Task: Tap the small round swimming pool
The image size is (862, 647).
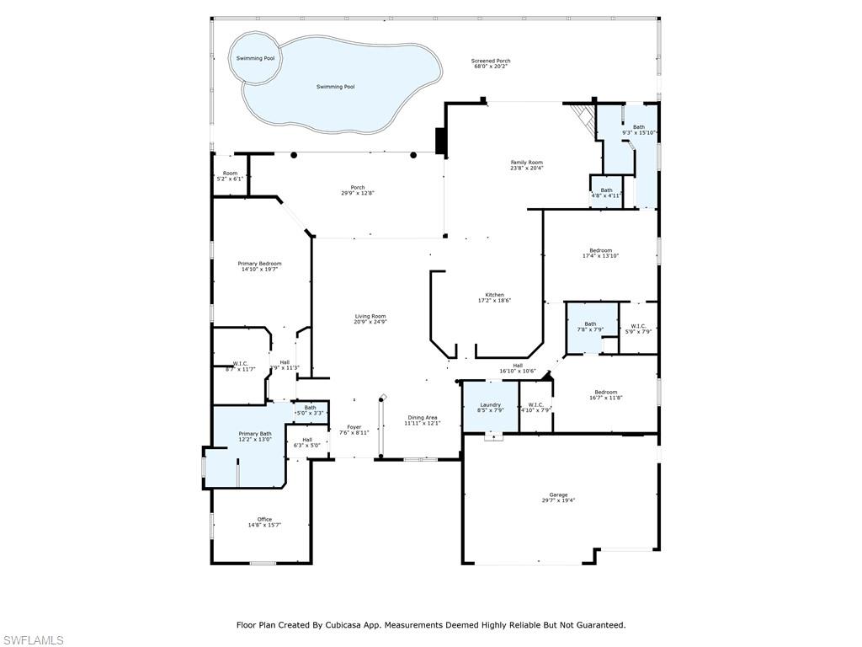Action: pyautogui.click(x=255, y=58)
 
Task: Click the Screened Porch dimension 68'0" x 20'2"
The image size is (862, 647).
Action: pyautogui.click(x=491, y=66)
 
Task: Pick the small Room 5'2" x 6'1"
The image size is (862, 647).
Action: pyautogui.click(x=230, y=175)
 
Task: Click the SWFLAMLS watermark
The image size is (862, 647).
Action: pyautogui.click(x=33, y=640)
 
